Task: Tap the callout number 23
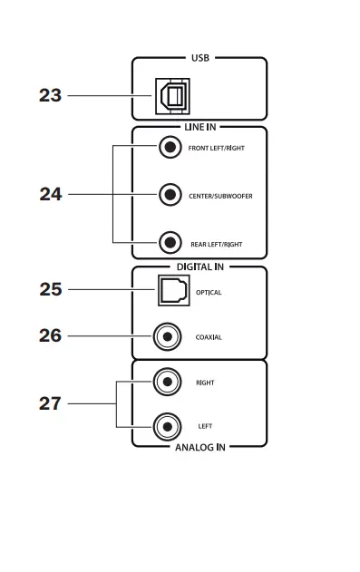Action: click(50, 95)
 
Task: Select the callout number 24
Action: click(50, 194)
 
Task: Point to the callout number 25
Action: click(50, 290)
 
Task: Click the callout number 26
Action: click(50, 336)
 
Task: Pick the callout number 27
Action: click(50, 403)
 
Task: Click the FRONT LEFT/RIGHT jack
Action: click(169, 147)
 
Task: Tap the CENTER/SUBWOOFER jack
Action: click(169, 194)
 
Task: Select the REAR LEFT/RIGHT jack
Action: click(169, 243)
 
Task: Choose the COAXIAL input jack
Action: click(166, 337)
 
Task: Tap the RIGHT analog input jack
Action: click(166, 383)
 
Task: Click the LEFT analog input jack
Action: click(166, 425)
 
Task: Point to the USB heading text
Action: click(199, 59)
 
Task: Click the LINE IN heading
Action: click(199, 127)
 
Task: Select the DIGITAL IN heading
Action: click(199, 267)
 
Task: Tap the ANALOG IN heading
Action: click(199, 447)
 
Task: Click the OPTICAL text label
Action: click(209, 293)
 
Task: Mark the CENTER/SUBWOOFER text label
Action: click(220, 196)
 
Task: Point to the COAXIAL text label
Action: click(209, 337)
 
